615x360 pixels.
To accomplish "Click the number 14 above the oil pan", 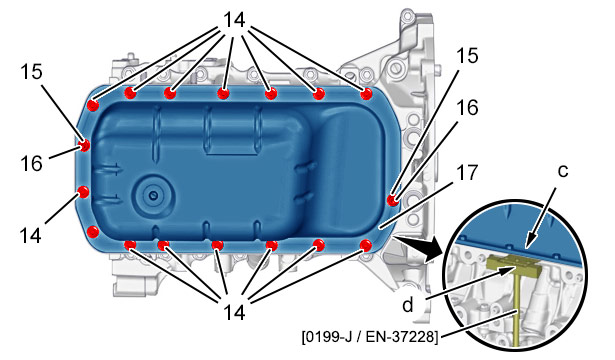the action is (x=234, y=20).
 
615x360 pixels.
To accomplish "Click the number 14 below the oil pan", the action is (x=234, y=313).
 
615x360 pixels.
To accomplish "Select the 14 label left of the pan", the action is (x=31, y=235).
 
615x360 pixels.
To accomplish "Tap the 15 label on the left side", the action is (x=32, y=71).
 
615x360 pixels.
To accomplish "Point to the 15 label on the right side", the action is (x=467, y=55).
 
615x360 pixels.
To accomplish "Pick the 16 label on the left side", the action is (x=31, y=163).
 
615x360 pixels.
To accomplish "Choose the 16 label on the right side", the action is (x=467, y=107).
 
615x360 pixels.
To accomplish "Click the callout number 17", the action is (x=467, y=173).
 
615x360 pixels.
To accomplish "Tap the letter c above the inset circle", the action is (x=562, y=171).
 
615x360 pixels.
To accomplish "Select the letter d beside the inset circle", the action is (x=408, y=304).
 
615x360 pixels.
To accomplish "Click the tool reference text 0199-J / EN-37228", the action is (x=369, y=336).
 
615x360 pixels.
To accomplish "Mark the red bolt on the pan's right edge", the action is (x=392, y=200).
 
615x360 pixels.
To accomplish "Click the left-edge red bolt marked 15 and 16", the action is (x=84, y=145).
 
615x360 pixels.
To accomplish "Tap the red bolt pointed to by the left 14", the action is (x=84, y=192).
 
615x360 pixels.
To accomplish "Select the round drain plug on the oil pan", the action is (x=153, y=195).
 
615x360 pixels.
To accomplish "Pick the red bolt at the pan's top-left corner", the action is (x=93, y=105).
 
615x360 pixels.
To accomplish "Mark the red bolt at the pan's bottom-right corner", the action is (x=366, y=245).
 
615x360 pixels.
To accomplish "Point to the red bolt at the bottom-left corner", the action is (x=93, y=231).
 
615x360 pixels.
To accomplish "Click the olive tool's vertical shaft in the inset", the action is (x=518, y=310).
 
